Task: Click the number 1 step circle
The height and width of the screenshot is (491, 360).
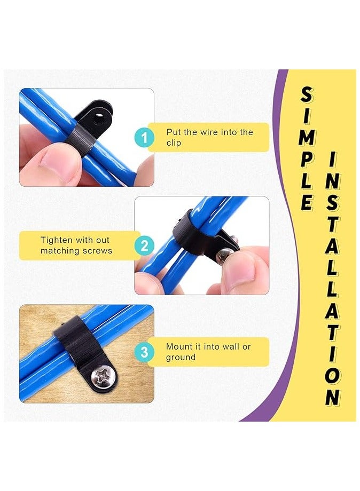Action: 144,138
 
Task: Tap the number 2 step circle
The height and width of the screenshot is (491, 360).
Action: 144,245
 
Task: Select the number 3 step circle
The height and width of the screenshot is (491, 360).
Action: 144,352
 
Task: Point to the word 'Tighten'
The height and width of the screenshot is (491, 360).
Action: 57,241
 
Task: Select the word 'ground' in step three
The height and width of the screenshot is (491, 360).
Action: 181,358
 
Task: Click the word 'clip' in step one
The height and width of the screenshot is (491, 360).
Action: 174,143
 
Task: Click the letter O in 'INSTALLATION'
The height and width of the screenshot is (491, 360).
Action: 333,375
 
